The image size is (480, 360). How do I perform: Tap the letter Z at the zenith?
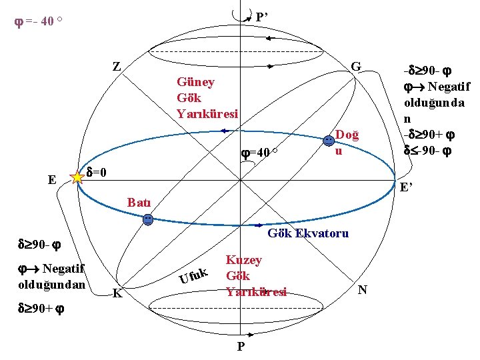coord(117,66)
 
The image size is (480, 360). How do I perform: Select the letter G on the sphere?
coord(356,66)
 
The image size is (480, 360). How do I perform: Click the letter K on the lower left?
coord(117,293)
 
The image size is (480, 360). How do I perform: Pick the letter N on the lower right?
coord(362,289)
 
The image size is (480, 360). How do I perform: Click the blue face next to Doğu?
coord(329,141)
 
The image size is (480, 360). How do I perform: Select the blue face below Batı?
coord(149,219)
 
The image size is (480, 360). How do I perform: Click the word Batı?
coord(139,202)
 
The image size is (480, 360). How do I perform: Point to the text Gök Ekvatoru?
coord(308,233)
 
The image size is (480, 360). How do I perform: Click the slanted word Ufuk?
coord(195,276)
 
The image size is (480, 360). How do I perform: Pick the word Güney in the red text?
coord(195,81)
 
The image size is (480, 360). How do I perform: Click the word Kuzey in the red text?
coord(244,260)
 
